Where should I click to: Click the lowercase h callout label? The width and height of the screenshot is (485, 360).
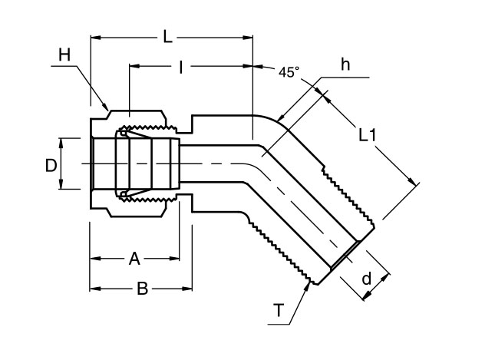click(x=345, y=65)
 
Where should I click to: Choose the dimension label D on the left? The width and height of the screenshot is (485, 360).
click(x=50, y=163)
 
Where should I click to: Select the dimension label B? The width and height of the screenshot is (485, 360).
click(x=142, y=289)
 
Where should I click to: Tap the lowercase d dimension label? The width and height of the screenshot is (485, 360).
click(x=367, y=279)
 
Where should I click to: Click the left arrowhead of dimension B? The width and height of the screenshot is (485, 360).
click(x=91, y=289)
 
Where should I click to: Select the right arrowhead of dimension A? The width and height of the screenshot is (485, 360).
click(x=180, y=259)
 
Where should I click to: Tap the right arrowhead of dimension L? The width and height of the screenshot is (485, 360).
click(x=253, y=36)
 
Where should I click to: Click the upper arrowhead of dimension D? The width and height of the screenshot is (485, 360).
click(x=62, y=139)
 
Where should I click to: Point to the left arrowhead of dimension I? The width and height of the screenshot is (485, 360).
click(x=129, y=68)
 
